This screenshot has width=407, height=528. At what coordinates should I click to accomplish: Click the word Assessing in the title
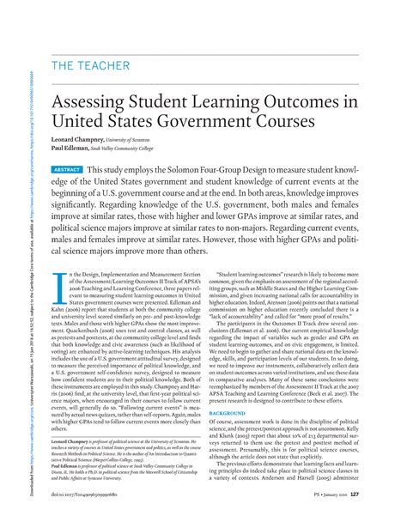tap(97, 108)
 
